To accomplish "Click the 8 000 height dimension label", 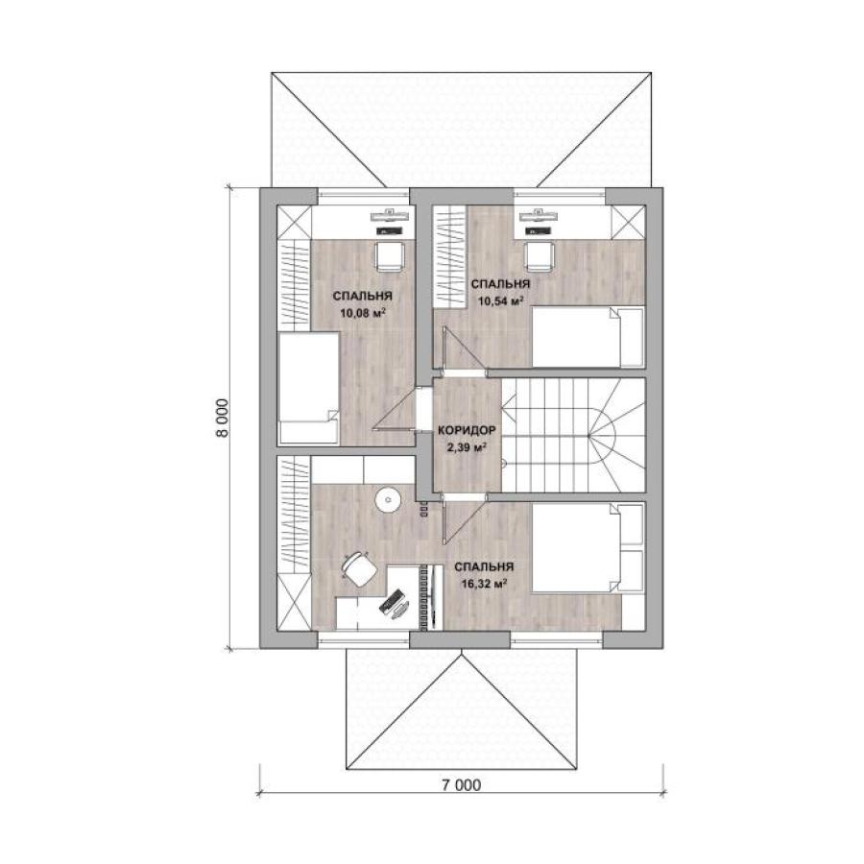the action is [x=221, y=418].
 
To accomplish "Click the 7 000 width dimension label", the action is [x=461, y=784].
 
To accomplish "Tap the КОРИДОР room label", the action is [x=467, y=430].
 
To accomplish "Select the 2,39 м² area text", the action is [x=467, y=447].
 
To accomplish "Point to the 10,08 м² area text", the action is [x=362, y=314].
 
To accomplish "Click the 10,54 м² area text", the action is [x=500, y=301].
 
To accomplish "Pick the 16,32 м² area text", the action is [x=485, y=584].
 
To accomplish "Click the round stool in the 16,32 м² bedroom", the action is [x=389, y=500].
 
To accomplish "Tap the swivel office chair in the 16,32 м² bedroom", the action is [x=356, y=567].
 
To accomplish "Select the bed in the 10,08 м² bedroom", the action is [x=308, y=388].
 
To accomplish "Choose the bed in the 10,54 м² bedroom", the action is [x=588, y=337].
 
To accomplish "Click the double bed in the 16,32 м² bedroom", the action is [x=588, y=548].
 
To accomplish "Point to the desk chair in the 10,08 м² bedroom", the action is [x=390, y=256].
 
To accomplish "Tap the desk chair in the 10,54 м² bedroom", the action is [x=538, y=256].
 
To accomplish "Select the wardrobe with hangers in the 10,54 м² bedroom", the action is [x=449, y=254].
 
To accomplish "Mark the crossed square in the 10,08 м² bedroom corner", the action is [x=294, y=222].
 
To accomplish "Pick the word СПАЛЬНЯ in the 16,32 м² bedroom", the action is [x=485, y=567].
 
